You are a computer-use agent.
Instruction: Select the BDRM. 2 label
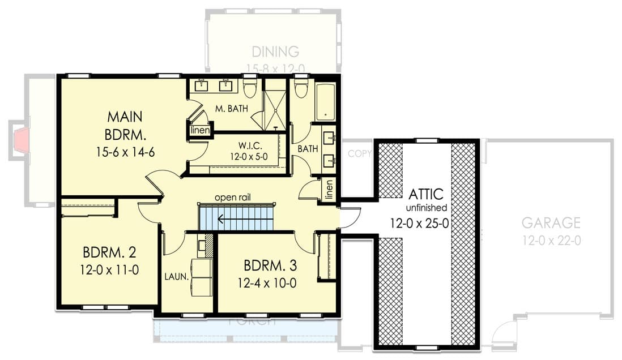[109, 251]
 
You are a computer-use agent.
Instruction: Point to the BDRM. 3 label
[270, 265]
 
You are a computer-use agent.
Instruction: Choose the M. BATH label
[231, 109]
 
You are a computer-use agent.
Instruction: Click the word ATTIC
[427, 194]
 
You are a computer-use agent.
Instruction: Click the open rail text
[232, 198]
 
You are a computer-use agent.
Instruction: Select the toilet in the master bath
[249, 88]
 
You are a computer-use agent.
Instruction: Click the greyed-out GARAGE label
[551, 222]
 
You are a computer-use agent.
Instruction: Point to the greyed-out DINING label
[275, 52]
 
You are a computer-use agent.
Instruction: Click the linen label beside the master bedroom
[201, 131]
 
